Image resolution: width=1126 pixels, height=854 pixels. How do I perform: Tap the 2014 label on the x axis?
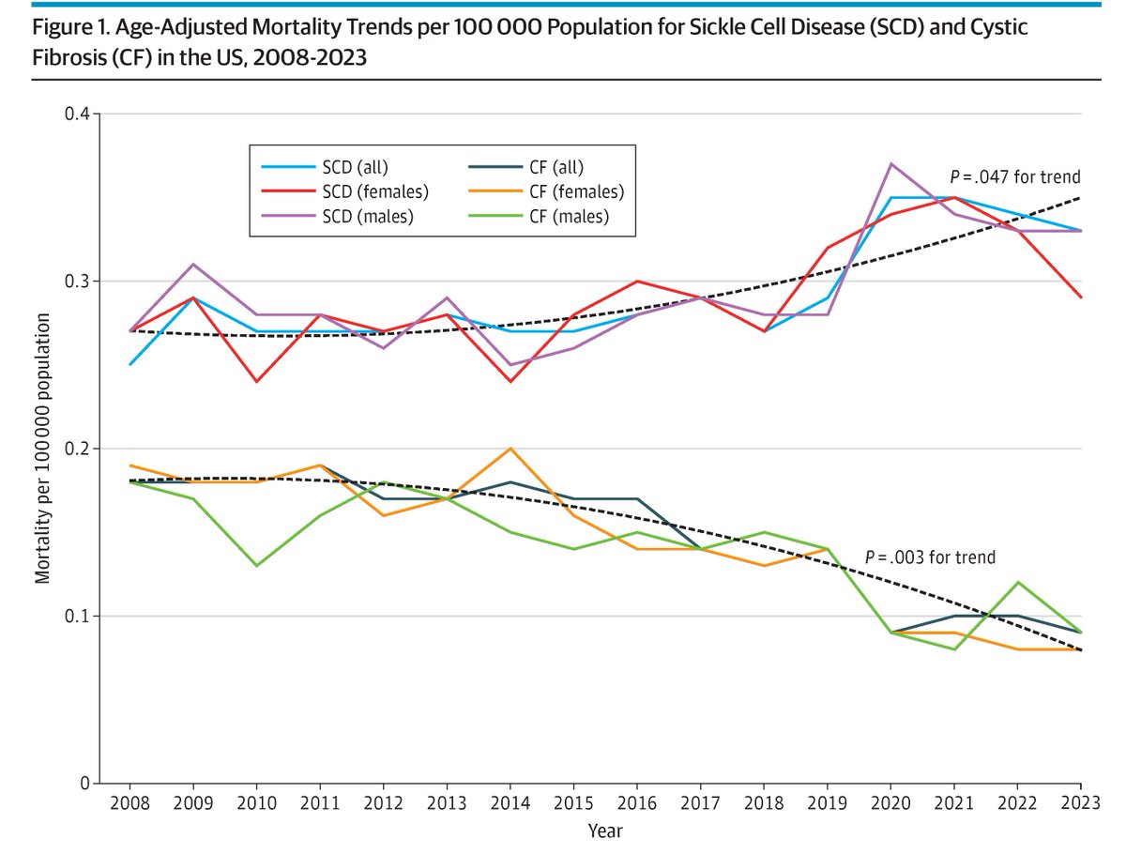click(x=510, y=804)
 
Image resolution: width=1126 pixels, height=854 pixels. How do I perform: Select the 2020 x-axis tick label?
click(x=890, y=804)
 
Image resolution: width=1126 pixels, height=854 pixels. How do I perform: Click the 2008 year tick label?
click(x=129, y=804)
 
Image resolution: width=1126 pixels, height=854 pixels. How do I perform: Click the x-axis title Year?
click(x=605, y=831)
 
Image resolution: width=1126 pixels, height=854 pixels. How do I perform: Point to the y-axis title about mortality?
click(x=43, y=449)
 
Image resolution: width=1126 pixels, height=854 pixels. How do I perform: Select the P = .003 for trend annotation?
click(x=930, y=557)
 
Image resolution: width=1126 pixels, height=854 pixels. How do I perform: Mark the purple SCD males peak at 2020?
click(x=890, y=164)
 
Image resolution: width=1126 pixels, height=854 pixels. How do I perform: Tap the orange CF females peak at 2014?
click(x=510, y=449)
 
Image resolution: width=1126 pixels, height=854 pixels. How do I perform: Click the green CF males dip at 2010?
click(x=256, y=565)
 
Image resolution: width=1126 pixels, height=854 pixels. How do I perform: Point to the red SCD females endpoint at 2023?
click(x=1080, y=297)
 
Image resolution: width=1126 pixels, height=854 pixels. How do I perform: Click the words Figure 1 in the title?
click(x=67, y=27)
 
